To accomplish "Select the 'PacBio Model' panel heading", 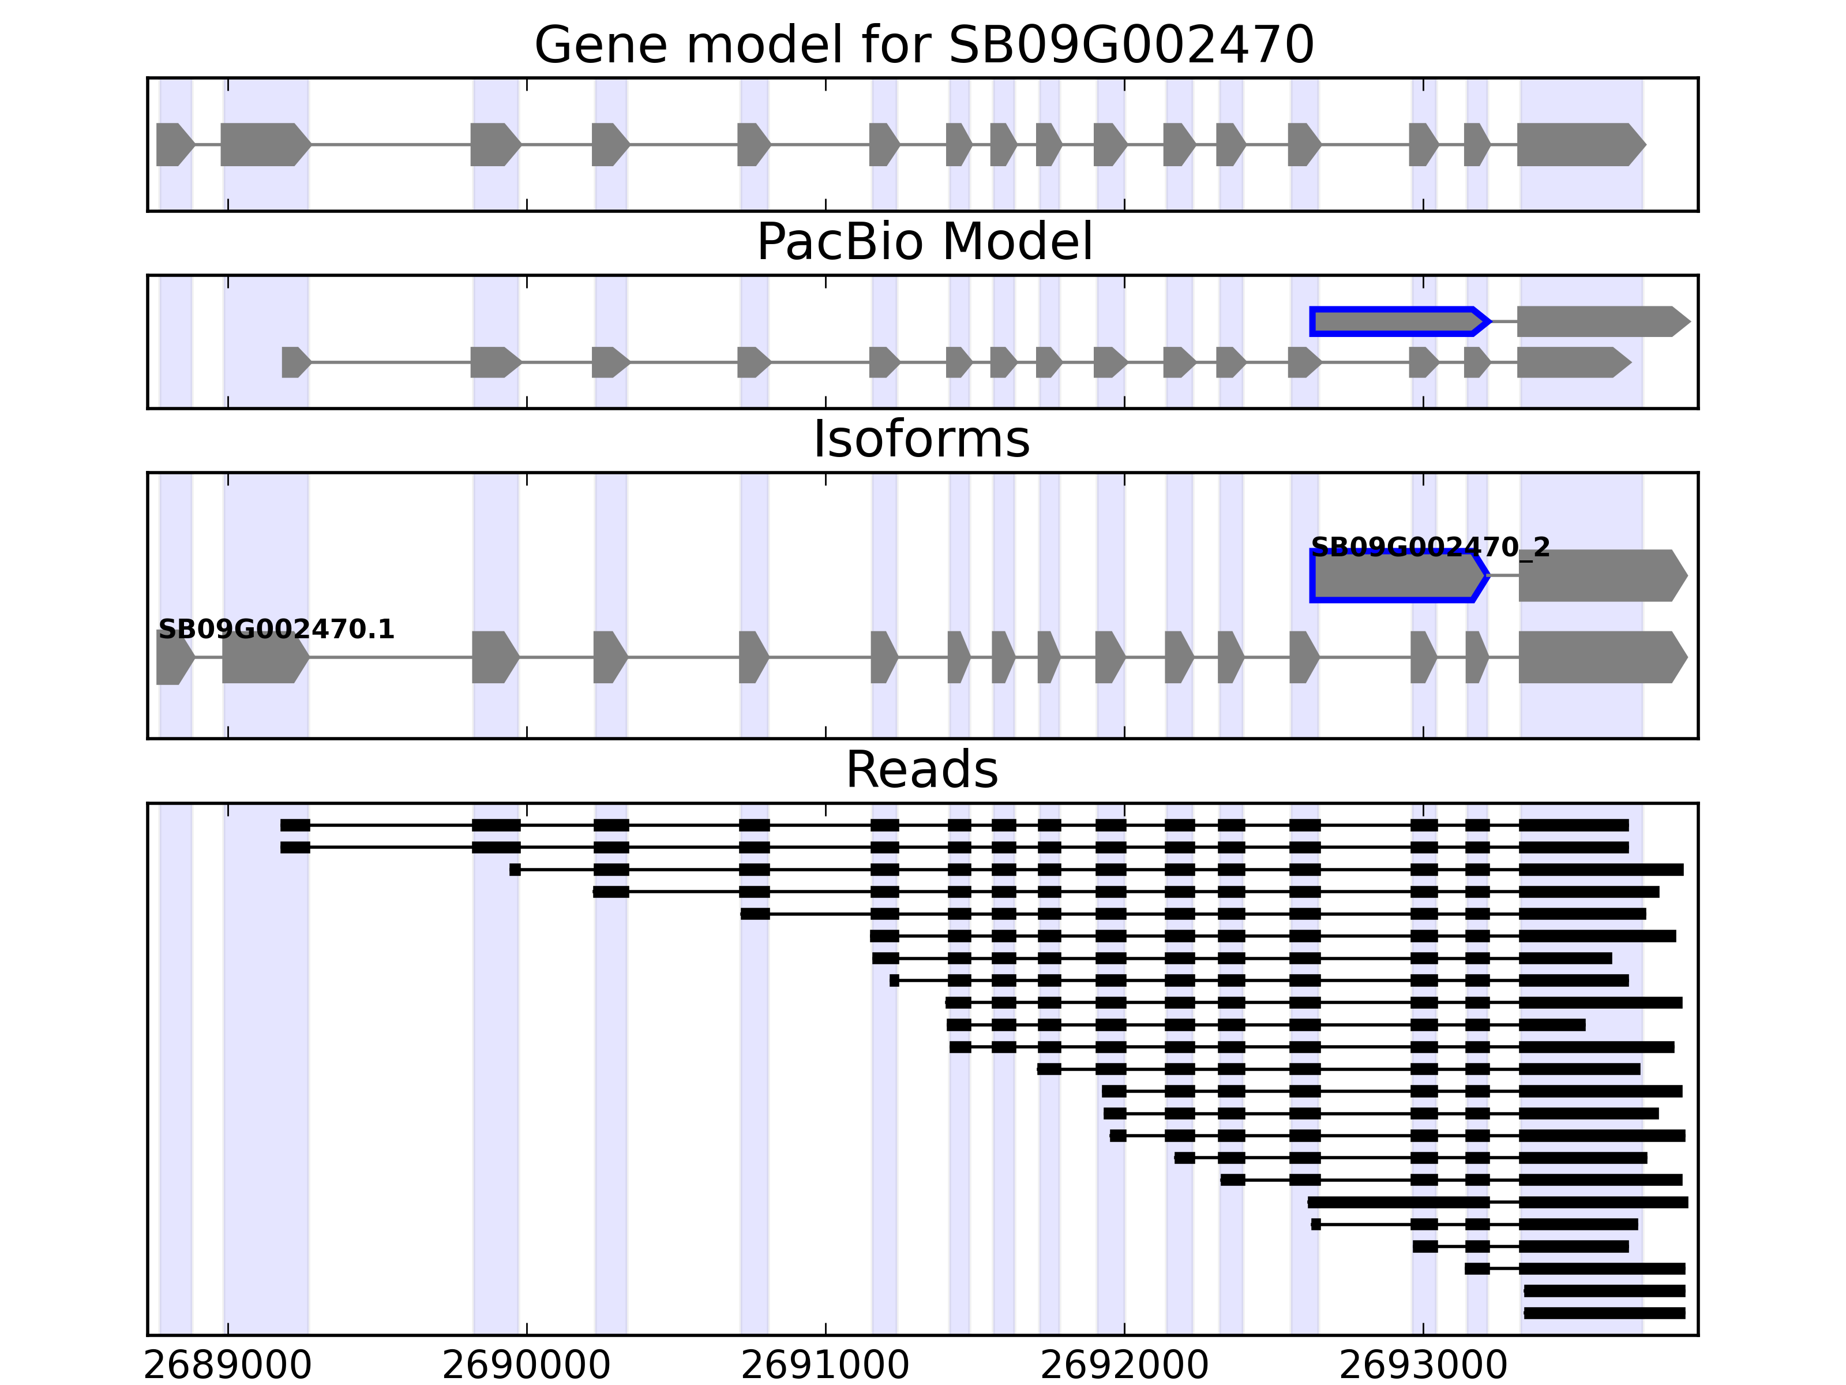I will pyautogui.click(x=923, y=242).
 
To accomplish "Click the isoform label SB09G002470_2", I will pyautogui.click(x=1431, y=548).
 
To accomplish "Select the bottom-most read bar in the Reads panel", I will pyautogui.click(x=1604, y=1313).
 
